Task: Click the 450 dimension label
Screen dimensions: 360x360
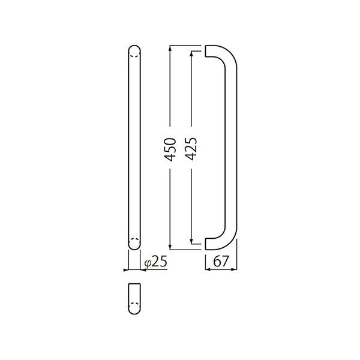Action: [170, 149]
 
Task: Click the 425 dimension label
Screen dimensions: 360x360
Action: [191, 149]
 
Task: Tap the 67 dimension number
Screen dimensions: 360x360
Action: [221, 261]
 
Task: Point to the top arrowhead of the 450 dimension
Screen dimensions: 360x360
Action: [170, 47]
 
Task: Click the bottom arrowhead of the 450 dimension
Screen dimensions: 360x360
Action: [170, 247]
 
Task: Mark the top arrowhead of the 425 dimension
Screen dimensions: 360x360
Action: [191, 53]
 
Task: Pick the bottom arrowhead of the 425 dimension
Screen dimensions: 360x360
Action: [191, 241]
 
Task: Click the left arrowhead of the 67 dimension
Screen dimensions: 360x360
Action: [208, 269]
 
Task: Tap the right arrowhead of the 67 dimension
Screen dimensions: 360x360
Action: [234, 269]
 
